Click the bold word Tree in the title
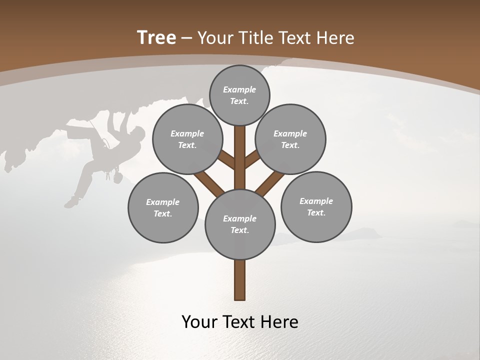click(x=156, y=37)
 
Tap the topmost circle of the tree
click(x=239, y=95)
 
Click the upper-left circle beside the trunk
click(x=187, y=139)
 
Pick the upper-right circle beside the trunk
click(x=290, y=139)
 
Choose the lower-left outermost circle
click(x=163, y=207)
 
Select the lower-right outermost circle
click(x=316, y=206)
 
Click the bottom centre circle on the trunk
click(x=240, y=224)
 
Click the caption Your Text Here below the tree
click(x=240, y=322)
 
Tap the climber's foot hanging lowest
click(x=70, y=203)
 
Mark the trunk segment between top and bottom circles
click(x=240, y=157)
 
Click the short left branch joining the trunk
click(x=227, y=160)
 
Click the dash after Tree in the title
click(x=187, y=38)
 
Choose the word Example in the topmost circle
click(x=239, y=89)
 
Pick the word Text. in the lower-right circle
click(x=316, y=212)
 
